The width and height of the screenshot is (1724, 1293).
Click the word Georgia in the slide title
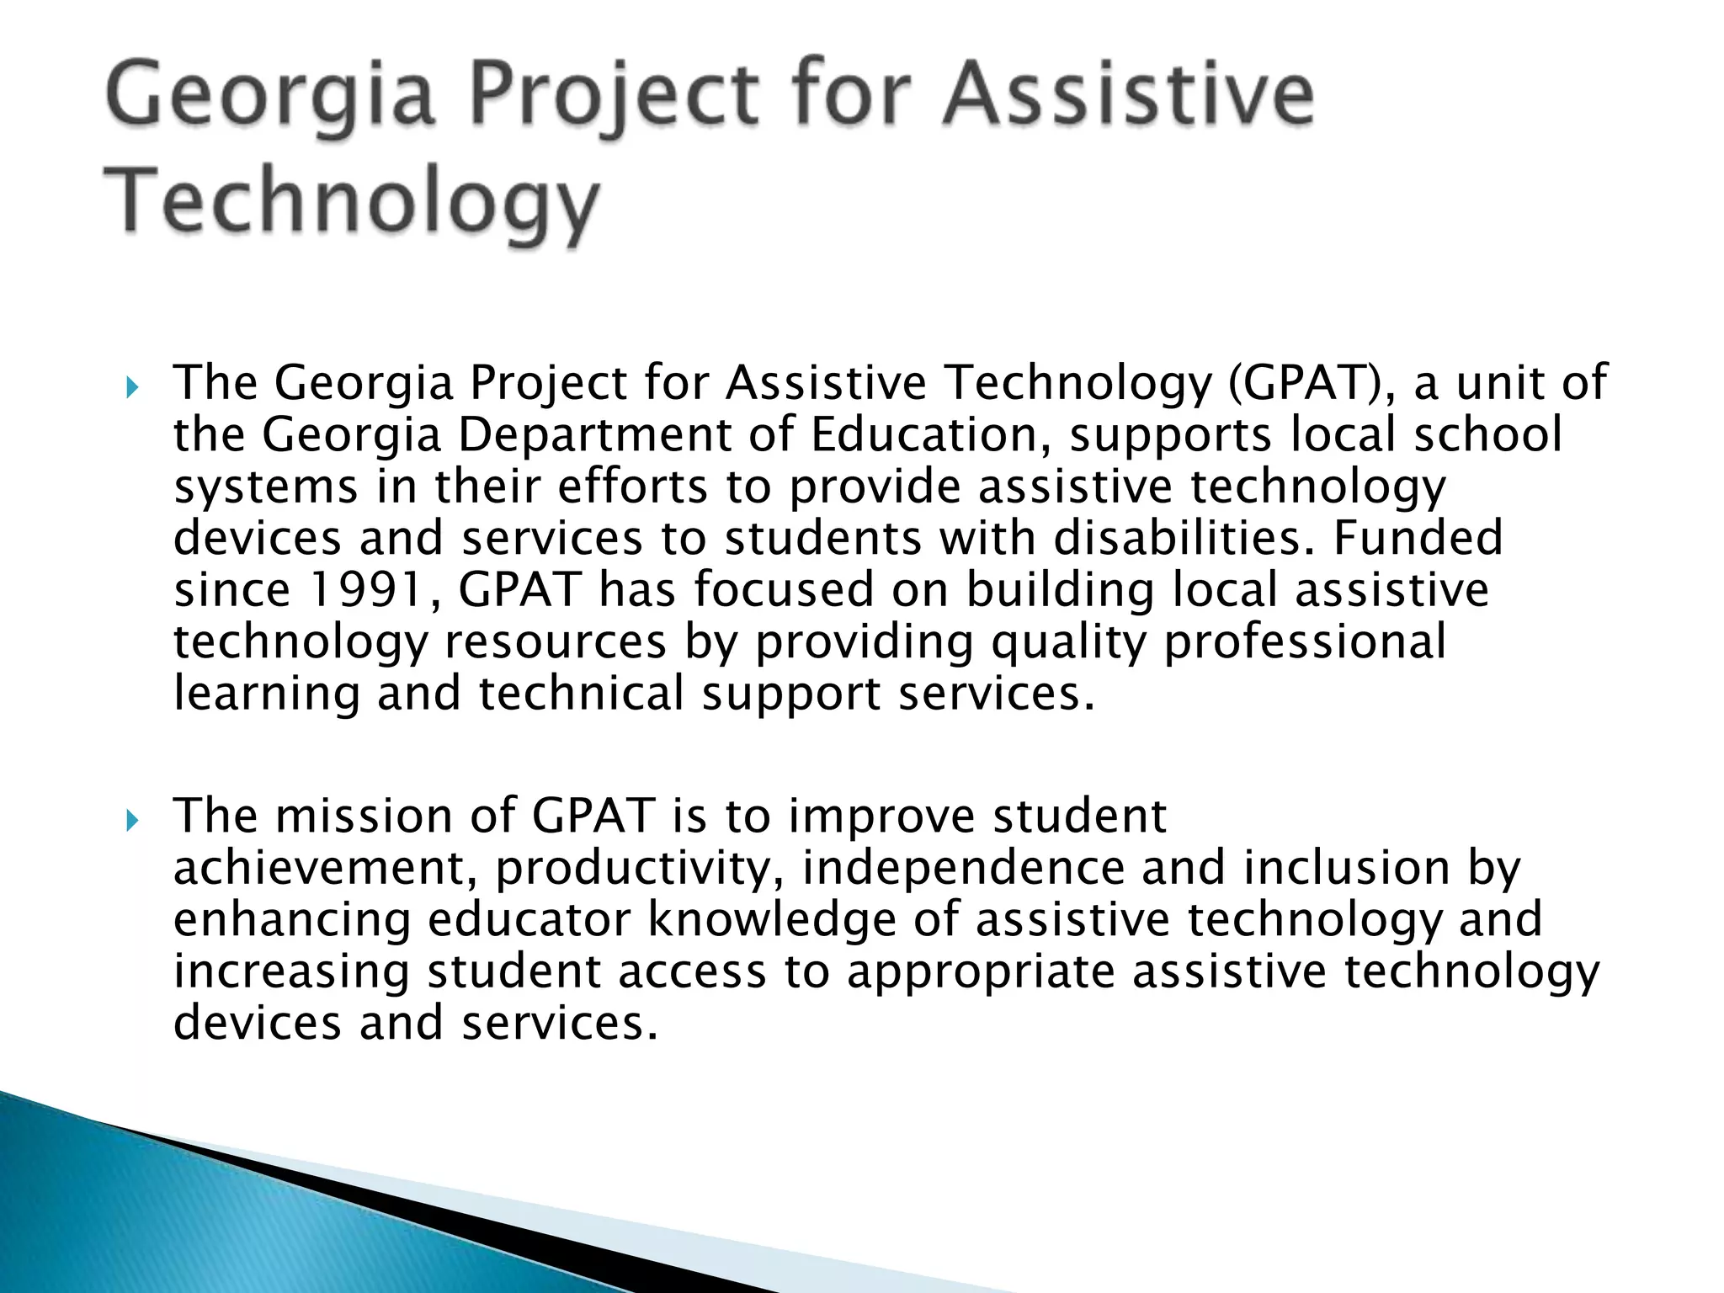click(x=271, y=98)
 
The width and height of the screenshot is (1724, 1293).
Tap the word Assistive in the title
click(x=1127, y=98)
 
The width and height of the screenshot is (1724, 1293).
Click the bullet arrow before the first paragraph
click(x=130, y=389)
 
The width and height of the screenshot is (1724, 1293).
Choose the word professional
click(x=1305, y=642)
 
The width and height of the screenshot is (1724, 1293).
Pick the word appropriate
click(x=981, y=972)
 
